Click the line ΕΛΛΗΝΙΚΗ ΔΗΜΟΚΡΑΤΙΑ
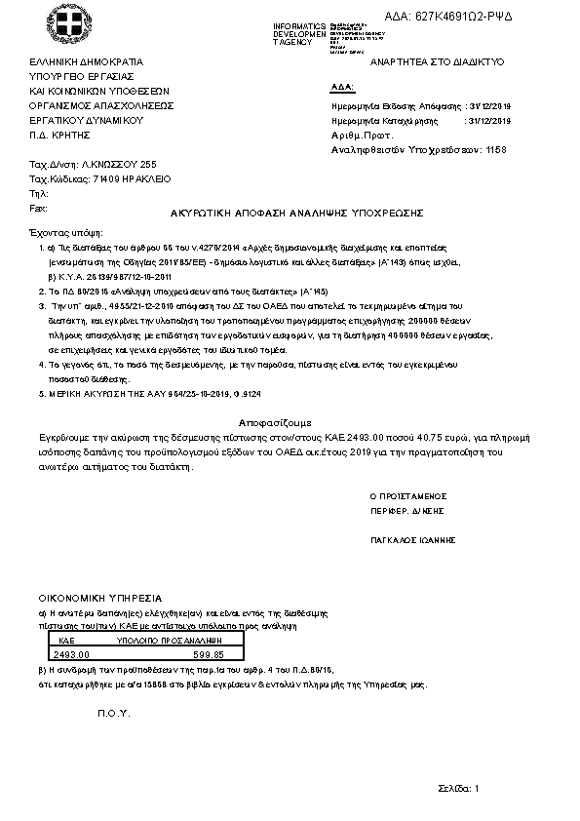(x=86, y=61)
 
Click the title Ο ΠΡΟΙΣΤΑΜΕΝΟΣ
(x=407, y=495)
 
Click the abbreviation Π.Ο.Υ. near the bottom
(x=113, y=714)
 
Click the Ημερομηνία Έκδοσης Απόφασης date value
(x=489, y=105)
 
